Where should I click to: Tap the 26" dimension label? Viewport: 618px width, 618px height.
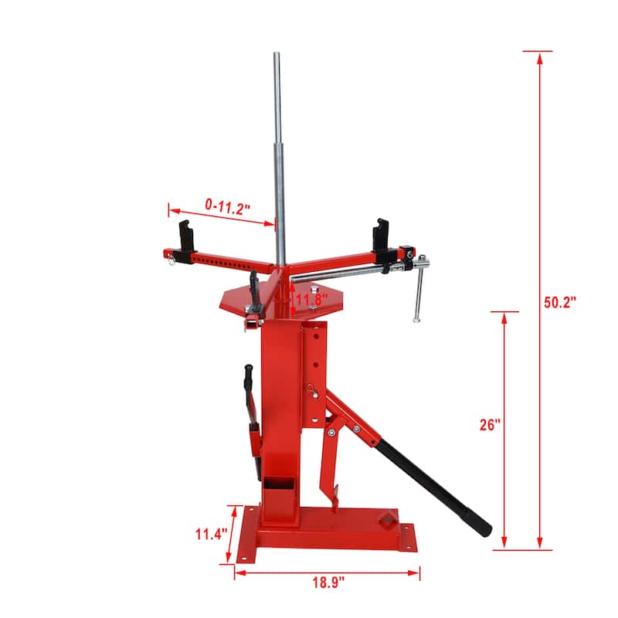pyautogui.click(x=490, y=424)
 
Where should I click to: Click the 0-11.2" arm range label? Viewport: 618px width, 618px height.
pyautogui.click(x=226, y=205)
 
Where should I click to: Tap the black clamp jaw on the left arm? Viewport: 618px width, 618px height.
pyautogui.click(x=185, y=234)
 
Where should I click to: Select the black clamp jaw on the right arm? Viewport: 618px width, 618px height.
pyautogui.click(x=380, y=234)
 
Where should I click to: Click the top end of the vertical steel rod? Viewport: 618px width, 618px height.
pyautogui.click(x=276, y=56)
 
